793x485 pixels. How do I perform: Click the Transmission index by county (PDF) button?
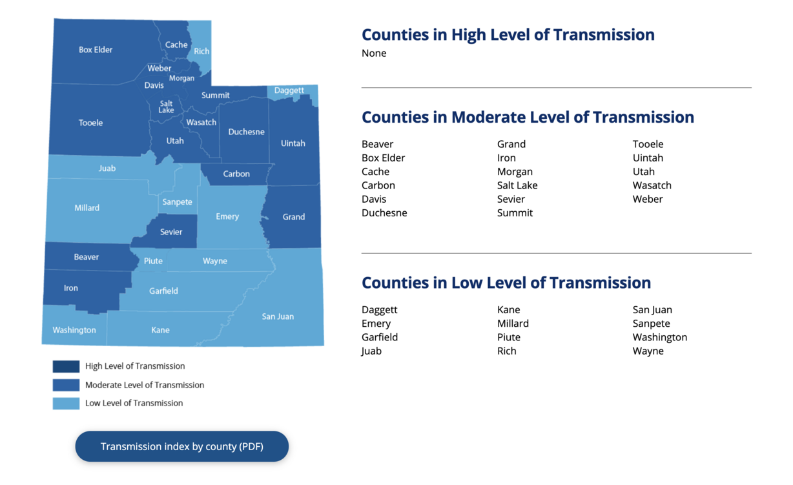pos(181,446)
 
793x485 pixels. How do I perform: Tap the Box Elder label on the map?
pos(96,50)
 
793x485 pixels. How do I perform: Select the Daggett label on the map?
pos(289,90)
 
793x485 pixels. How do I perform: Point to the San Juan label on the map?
pos(278,316)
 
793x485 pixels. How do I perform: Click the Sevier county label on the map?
pos(171,232)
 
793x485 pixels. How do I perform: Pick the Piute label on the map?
pos(153,261)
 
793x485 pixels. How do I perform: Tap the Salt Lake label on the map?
pos(166,107)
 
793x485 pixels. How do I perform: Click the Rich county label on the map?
pos(201,51)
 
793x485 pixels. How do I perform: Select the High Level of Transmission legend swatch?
pos(66,366)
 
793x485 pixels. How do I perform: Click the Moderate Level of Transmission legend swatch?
pos(66,385)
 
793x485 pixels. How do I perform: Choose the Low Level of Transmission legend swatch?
pos(66,403)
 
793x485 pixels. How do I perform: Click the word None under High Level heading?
pos(374,53)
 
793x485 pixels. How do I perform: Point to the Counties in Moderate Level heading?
pos(528,117)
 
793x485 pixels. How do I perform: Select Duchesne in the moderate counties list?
pos(384,212)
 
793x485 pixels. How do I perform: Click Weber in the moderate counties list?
pos(648,199)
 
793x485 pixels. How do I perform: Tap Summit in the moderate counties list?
pos(515,212)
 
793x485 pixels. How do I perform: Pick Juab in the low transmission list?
pos(371,351)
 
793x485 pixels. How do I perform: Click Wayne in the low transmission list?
pos(648,351)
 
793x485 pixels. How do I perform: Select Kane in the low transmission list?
pos(508,309)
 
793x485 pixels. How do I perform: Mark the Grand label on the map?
pos(293,217)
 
